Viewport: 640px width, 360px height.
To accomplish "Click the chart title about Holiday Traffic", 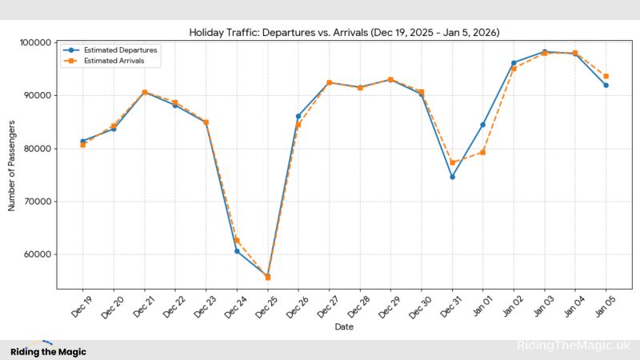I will (344, 32).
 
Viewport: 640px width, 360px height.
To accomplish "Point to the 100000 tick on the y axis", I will (36, 42).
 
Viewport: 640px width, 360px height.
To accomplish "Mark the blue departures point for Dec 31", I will (452, 177).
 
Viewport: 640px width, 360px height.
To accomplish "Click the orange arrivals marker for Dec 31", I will (452, 162).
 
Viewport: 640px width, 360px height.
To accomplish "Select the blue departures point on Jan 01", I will (483, 125).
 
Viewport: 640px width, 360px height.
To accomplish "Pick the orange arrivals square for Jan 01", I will (483, 152).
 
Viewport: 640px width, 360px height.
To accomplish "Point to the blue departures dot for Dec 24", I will (237, 251).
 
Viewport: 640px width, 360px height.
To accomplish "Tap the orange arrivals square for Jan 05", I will (606, 76).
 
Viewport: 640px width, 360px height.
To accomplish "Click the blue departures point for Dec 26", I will (298, 116).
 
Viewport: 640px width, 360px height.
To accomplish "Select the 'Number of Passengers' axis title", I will (12, 166).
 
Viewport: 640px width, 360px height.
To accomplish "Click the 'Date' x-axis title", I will (344, 326).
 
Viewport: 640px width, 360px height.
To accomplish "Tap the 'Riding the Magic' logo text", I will (48, 351).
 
